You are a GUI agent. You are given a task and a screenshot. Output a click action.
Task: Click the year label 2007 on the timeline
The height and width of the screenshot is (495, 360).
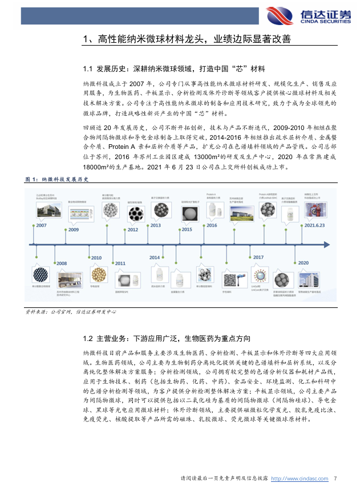coord(42,226)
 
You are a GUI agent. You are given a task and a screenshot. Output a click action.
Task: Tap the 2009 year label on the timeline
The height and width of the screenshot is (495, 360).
coord(74,230)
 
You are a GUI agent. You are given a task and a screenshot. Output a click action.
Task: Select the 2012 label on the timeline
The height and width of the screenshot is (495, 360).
coord(132,230)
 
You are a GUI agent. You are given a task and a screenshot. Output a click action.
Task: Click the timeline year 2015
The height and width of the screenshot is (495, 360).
coord(185,230)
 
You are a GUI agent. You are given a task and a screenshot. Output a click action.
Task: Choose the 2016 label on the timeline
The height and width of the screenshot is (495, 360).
coord(212,226)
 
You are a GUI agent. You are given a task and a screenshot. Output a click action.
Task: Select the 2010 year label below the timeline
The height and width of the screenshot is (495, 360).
coord(96,258)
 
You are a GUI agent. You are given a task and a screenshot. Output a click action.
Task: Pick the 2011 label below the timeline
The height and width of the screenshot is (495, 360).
coord(120,263)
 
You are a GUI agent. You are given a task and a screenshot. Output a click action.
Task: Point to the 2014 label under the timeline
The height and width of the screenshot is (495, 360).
coord(155,258)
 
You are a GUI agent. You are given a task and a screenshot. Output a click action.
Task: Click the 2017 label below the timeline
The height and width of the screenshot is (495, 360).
coord(258,258)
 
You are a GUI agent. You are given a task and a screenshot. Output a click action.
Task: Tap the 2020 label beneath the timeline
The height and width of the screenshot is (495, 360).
coord(302,263)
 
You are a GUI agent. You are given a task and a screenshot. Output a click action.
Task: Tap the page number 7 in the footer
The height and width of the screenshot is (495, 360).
coord(335,478)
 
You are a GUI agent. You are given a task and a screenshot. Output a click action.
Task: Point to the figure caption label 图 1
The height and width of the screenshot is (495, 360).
coord(32,179)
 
